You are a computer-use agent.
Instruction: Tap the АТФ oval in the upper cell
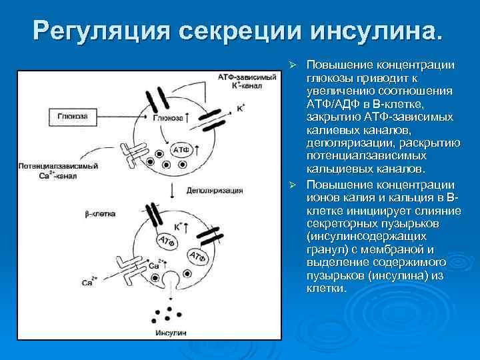[x=183, y=149]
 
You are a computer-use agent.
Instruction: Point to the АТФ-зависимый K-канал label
[x=247, y=82]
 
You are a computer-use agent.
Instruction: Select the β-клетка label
[x=99, y=213]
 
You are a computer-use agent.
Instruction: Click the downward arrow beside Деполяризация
[x=173, y=190]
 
